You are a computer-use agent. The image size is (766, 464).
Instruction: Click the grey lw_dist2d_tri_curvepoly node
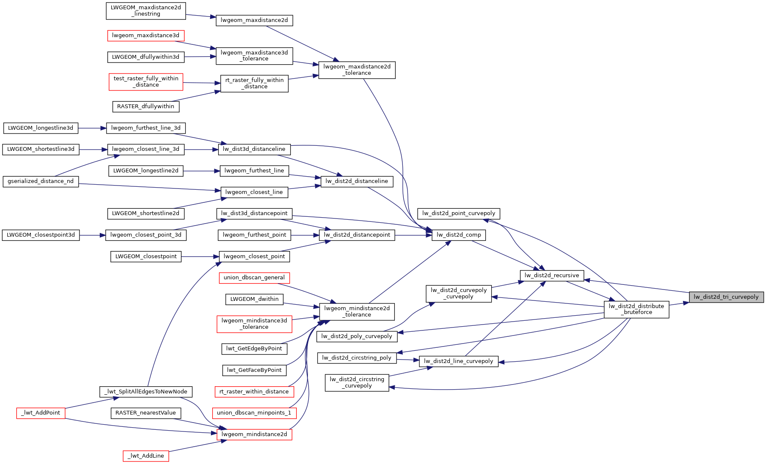(726, 297)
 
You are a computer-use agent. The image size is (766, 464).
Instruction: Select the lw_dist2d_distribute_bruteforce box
(636, 309)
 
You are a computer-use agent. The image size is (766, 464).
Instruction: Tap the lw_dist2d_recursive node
(552, 276)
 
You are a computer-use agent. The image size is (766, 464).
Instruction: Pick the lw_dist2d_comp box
(459, 235)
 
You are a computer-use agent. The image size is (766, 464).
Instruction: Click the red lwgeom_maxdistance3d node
(146, 35)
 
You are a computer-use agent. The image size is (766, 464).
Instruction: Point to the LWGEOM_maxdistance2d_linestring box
(146, 11)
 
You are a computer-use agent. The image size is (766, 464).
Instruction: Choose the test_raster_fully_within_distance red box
(146, 82)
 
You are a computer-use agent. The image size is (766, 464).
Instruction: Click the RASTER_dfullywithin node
(146, 106)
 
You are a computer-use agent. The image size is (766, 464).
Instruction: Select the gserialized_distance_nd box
(41, 181)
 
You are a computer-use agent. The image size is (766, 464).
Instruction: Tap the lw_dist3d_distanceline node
(254, 149)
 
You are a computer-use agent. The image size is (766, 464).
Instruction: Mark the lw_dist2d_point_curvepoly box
(459, 213)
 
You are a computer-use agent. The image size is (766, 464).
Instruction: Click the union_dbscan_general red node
(254, 278)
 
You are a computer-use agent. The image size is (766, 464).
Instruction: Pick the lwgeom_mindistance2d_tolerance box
(357, 311)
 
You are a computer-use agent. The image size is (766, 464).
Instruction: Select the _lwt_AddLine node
(146, 456)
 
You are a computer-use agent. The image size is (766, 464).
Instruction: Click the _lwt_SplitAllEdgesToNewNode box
(146, 392)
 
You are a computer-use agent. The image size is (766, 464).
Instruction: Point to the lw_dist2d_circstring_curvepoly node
(357, 382)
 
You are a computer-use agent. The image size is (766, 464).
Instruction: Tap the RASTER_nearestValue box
(146, 413)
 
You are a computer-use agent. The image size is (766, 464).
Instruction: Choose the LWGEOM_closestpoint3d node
(41, 235)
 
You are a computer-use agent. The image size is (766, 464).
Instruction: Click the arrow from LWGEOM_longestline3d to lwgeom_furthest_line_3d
(91, 128)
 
